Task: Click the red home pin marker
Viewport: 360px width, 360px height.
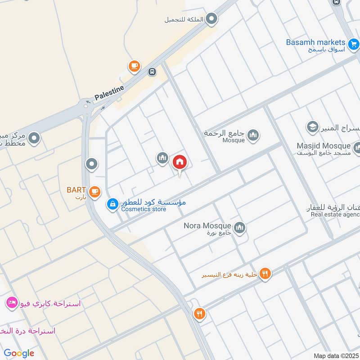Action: pyautogui.click(x=180, y=162)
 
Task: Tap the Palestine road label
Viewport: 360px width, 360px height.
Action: pyautogui.click(x=109, y=93)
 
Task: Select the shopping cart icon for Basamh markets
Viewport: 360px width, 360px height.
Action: pyautogui.click(x=354, y=44)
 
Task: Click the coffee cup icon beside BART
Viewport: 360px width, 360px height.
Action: pyautogui.click(x=94, y=192)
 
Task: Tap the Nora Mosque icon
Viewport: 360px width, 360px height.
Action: pyautogui.click(x=239, y=228)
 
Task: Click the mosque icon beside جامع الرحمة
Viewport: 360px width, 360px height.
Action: pyautogui.click(x=253, y=135)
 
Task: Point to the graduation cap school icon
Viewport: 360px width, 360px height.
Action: pyautogui.click(x=312, y=127)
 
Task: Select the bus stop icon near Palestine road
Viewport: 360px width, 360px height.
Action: pyautogui.click(x=153, y=72)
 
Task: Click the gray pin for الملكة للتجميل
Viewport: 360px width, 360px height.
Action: pyautogui.click(x=212, y=19)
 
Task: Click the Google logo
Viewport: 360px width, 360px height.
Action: pyautogui.click(x=19, y=353)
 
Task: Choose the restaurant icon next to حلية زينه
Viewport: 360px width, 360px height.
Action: pyautogui.click(x=265, y=273)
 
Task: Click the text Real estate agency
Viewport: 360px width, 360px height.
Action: pyautogui.click(x=335, y=215)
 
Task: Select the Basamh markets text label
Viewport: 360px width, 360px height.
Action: pyautogui.click(x=315, y=42)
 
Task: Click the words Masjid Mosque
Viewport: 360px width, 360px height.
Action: pyautogui.click(x=323, y=146)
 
